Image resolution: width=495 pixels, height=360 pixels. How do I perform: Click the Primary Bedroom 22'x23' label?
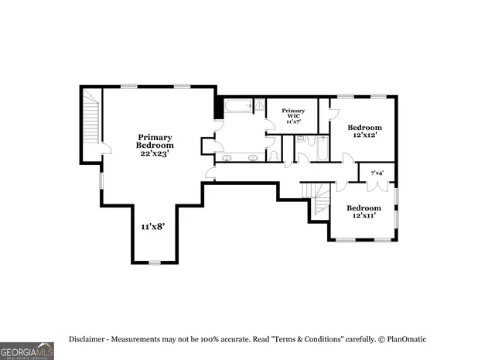click(x=155, y=145)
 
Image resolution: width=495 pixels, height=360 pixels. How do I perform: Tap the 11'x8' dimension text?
click(x=152, y=227)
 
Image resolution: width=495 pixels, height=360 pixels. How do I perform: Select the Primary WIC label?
click(x=294, y=116)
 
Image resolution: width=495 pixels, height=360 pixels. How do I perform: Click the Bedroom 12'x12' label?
click(x=364, y=131)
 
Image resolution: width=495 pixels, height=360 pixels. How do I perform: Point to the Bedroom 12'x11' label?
click(x=363, y=211)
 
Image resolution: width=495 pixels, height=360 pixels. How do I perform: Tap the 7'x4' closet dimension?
click(x=377, y=173)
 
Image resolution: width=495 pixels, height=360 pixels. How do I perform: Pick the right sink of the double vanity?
click(x=252, y=158)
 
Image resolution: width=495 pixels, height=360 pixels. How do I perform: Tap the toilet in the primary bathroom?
click(x=273, y=156)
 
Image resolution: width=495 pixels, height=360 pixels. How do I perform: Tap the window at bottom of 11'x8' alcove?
click(x=154, y=263)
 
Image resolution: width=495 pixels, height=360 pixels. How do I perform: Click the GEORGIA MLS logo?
click(x=27, y=351)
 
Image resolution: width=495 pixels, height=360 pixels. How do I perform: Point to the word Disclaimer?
click(x=88, y=339)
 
